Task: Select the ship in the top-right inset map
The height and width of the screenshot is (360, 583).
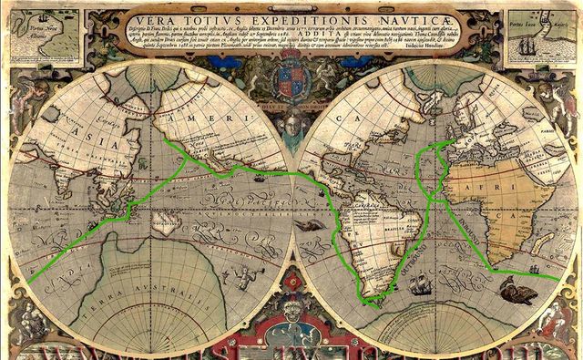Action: (x=557, y=36)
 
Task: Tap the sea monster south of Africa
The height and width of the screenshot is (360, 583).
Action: (x=520, y=293)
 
